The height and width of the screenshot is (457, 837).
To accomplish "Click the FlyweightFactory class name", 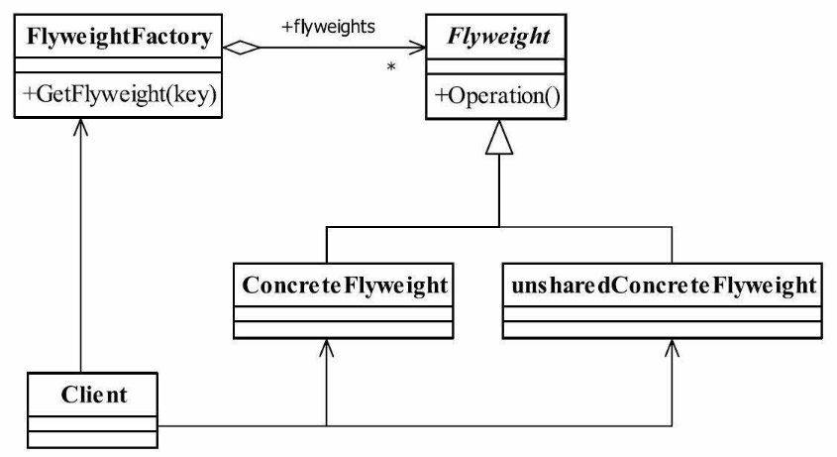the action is (x=119, y=38).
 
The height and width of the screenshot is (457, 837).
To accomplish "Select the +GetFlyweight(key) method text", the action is (x=120, y=94).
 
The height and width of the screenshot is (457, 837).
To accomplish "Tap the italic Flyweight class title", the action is (x=498, y=38).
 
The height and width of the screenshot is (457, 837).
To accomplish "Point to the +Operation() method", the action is (x=497, y=96).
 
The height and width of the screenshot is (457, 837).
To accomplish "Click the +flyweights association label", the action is (x=328, y=27).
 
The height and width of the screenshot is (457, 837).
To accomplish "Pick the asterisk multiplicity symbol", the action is (x=391, y=67).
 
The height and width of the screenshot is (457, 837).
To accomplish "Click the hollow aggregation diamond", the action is (x=242, y=48).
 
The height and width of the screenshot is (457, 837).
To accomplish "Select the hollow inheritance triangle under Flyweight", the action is (x=499, y=138).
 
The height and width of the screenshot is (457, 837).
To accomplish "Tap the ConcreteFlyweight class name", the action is (x=345, y=286).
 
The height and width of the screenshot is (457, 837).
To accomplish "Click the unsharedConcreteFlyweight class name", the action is (x=664, y=286).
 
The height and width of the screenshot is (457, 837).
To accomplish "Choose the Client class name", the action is (x=94, y=395).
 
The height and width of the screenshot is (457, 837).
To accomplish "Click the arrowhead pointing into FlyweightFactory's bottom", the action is (x=80, y=127).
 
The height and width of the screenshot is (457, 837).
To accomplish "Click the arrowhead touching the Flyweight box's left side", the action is (x=417, y=48).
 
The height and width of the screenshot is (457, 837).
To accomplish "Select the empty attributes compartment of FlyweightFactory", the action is (x=118, y=65).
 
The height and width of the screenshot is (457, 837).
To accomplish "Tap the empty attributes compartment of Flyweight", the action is (x=496, y=66).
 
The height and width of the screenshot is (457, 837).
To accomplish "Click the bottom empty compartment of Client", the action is (x=92, y=439).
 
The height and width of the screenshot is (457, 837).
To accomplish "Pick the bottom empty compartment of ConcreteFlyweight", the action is (x=344, y=329).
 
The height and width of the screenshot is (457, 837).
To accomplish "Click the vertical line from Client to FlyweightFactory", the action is (x=80, y=245).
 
